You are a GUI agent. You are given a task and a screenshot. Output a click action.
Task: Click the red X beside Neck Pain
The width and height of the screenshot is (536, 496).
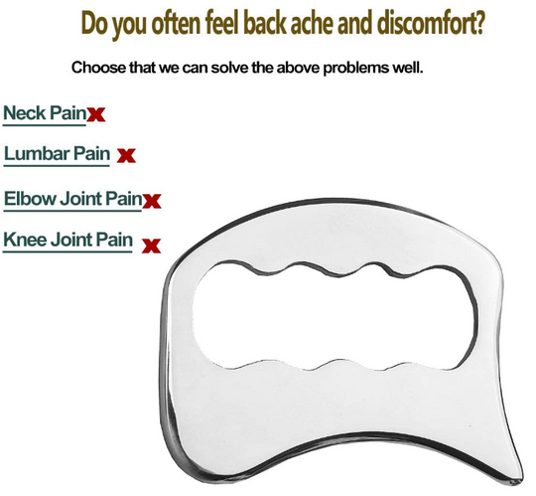click(x=96, y=114)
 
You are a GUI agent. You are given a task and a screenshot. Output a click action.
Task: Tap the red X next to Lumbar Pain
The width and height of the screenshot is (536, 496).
click(x=126, y=155)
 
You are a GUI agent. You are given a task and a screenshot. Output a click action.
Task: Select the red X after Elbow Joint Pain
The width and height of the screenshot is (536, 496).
click(x=152, y=201)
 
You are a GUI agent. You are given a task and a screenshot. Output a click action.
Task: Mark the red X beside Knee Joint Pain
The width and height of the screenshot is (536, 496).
click(x=151, y=246)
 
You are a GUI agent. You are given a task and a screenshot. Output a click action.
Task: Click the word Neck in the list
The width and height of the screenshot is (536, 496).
click(x=25, y=112)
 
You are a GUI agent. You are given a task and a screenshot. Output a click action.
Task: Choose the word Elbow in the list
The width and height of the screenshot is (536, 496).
click(x=30, y=199)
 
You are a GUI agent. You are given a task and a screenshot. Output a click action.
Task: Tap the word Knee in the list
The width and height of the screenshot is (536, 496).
click(x=25, y=240)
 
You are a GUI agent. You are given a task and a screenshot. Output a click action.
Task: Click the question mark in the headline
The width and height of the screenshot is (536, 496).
click(x=480, y=23)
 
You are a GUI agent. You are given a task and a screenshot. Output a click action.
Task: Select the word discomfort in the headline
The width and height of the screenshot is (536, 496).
click(x=426, y=23)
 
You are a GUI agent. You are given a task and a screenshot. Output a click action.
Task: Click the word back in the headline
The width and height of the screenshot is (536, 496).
click(x=265, y=23)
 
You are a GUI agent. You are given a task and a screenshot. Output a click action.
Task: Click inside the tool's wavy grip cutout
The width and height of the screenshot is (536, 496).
click(x=334, y=317)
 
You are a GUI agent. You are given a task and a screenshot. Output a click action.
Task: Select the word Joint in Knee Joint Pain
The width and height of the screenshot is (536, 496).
click(x=71, y=240)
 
